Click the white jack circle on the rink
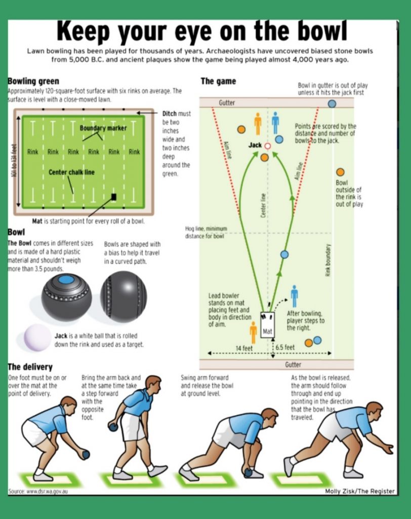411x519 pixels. pos(268,146)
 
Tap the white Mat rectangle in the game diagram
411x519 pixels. pos(267,325)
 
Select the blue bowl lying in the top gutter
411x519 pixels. pos(332,103)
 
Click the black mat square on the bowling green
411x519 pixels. pos(114,197)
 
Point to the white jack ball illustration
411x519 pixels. pos(37,337)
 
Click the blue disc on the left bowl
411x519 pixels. pos(66,280)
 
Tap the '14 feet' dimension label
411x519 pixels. pos(244,348)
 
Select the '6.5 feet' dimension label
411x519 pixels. pos(285,347)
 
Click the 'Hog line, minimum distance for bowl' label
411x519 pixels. pos(206,232)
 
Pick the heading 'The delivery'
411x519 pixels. pos(30,367)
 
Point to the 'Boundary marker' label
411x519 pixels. pos(103,128)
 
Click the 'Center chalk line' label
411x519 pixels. pos(71,172)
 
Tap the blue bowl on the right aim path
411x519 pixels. pos(284,254)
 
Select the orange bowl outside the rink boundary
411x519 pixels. pos(340,172)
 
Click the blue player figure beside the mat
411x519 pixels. pos(294,296)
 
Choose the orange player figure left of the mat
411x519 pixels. pos(253,332)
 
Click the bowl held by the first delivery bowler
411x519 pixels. pos(86,455)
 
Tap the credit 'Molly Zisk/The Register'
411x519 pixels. pos(360,491)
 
